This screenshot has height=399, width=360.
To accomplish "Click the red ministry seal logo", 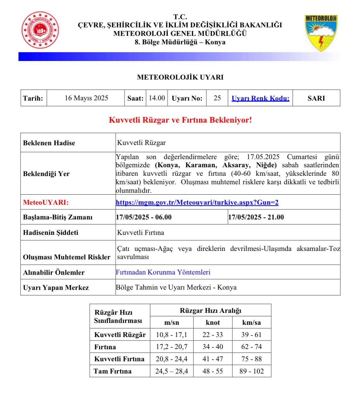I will click(x=40, y=30).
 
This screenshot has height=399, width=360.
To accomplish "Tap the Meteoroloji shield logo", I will click(x=321, y=33).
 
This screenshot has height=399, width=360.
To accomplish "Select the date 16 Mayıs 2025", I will click(x=86, y=98).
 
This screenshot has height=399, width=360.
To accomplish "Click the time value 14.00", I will click(x=157, y=98).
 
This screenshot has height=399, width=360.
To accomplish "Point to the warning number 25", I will click(x=217, y=98).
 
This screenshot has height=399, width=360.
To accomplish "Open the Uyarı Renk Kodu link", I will click(x=260, y=98).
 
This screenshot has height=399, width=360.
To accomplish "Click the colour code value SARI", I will click(x=316, y=98).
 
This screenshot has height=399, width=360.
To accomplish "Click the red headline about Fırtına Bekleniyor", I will click(x=180, y=120).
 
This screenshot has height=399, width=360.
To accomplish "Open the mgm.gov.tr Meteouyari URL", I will click(x=197, y=202).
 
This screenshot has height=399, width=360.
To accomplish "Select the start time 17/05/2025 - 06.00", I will click(x=144, y=217).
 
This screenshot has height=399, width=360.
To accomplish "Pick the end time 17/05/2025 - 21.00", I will click(x=256, y=217).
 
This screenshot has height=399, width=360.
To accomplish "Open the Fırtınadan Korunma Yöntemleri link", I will click(x=163, y=272).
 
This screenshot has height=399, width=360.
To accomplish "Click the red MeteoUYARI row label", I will click(x=46, y=202).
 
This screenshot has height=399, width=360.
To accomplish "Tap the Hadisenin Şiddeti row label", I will click(x=51, y=233).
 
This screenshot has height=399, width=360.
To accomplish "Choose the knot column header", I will click(x=213, y=323).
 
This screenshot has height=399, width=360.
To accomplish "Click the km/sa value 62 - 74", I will click(x=251, y=347).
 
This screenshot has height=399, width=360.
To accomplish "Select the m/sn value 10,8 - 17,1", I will click(x=172, y=335).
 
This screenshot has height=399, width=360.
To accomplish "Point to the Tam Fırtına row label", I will click(x=113, y=371).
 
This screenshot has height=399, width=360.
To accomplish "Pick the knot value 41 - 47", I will click(x=213, y=359).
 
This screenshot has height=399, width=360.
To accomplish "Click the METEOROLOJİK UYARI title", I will click(x=180, y=77).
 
